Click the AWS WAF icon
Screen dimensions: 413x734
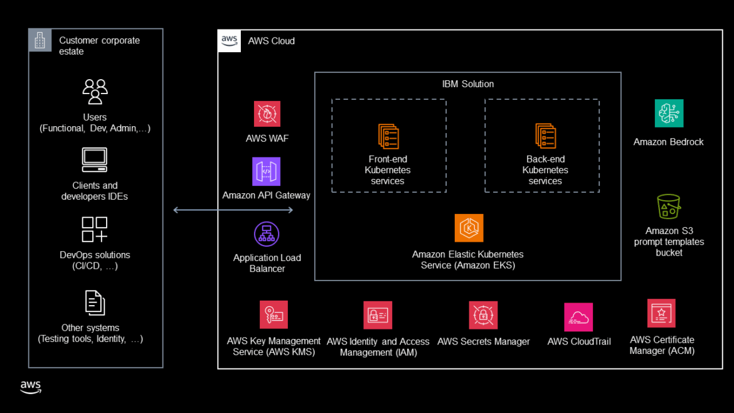(x=267, y=114)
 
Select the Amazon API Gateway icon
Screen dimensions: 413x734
(x=266, y=172)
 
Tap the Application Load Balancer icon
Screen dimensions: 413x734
(x=267, y=234)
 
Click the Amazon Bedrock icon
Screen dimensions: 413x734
(x=669, y=114)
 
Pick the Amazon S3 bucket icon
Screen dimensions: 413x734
(x=669, y=206)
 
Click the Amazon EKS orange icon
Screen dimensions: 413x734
(x=469, y=228)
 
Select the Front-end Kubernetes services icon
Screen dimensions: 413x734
(x=388, y=136)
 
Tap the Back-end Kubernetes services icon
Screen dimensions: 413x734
(x=545, y=136)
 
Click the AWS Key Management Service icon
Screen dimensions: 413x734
(x=274, y=314)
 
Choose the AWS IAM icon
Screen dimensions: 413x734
(x=378, y=315)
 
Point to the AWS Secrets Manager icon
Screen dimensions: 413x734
(x=483, y=315)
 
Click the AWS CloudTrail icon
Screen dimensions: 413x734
(x=578, y=318)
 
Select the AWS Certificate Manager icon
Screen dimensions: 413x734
(x=661, y=313)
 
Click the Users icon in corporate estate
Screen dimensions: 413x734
(x=95, y=92)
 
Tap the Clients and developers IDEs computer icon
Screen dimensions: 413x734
(x=94, y=160)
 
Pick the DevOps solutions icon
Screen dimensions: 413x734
(x=94, y=230)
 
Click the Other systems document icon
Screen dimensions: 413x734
(x=94, y=303)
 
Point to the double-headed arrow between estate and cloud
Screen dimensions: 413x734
(x=233, y=210)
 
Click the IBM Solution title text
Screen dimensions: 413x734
(x=467, y=84)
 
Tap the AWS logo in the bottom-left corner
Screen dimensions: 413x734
(x=31, y=387)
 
